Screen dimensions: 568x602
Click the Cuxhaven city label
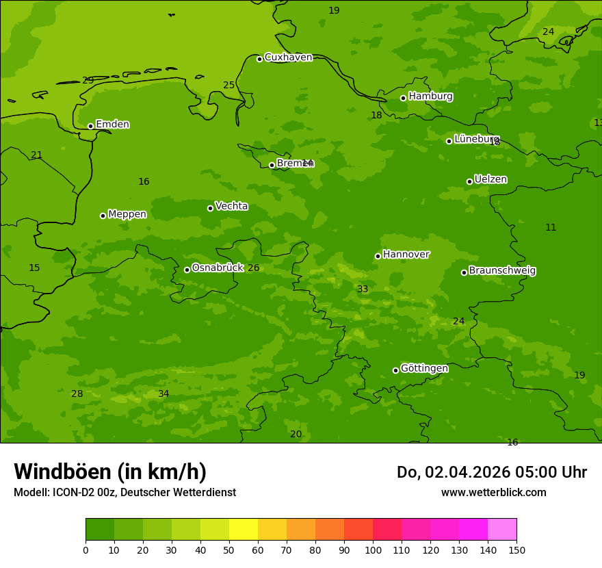(288, 57)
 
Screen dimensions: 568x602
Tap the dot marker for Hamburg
(403, 98)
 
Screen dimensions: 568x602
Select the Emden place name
(112, 125)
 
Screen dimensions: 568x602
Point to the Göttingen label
(424, 369)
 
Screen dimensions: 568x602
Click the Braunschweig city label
(502, 271)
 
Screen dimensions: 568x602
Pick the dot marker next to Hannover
(378, 256)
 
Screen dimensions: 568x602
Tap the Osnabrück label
(218, 268)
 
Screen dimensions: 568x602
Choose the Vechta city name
(231, 207)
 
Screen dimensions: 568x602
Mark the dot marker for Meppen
(103, 216)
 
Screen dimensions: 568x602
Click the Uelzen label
(490, 180)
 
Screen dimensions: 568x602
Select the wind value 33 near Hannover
(363, 289)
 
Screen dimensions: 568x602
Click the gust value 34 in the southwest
(163, 394)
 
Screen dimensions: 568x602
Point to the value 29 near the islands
(88, 81)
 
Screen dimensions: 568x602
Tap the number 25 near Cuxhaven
(228, 86)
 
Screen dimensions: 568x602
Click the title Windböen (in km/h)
(110, 472)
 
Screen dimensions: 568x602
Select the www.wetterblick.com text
(493, 493)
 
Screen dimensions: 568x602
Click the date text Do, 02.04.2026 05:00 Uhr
(491, 472)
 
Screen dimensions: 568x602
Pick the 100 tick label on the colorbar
(373, 550)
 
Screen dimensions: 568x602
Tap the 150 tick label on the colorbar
(516, 550)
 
